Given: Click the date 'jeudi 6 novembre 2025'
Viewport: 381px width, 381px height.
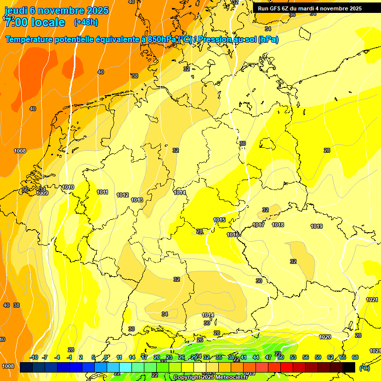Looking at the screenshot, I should click(x=53, y=10).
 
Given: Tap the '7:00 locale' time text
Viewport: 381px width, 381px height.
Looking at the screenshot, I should click(x=35, y=22).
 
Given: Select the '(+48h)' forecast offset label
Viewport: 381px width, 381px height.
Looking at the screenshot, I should click(x=86, y=22).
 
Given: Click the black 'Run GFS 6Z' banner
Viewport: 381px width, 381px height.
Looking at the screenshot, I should click(x=310, y=8).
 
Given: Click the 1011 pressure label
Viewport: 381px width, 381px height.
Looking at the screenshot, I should click(x=103, y=192).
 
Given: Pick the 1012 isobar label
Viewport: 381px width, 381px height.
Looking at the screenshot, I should click(x=123, y=195).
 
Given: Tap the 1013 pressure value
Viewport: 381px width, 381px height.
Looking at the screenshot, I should click(x=137, y=200).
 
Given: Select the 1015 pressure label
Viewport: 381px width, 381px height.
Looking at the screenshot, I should click(x=219, y=220).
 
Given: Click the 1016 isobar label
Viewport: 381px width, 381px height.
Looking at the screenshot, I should click(x=233, y=235).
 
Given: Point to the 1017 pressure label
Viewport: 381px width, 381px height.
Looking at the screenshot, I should click(x=258, y=225).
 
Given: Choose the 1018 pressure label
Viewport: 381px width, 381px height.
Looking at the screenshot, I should click(x=278, y=225).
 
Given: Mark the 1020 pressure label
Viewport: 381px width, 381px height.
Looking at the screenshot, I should click(x=325, y=337).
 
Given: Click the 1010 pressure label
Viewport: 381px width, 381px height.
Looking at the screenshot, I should click(x=68, y=187).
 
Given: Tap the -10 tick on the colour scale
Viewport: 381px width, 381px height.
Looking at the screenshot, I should click(x=34, y=357).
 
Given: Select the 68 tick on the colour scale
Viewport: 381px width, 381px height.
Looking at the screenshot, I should click(x=355, y=357).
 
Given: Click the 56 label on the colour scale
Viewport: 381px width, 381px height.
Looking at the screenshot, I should click(x=306, y=357).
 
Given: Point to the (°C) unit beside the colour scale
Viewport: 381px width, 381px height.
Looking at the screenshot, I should click(x=364, y=368).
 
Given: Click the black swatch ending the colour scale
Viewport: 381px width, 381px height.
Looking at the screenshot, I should click(x=349, y=367).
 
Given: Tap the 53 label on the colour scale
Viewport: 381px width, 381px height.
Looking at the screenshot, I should click(x=293, y=357).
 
